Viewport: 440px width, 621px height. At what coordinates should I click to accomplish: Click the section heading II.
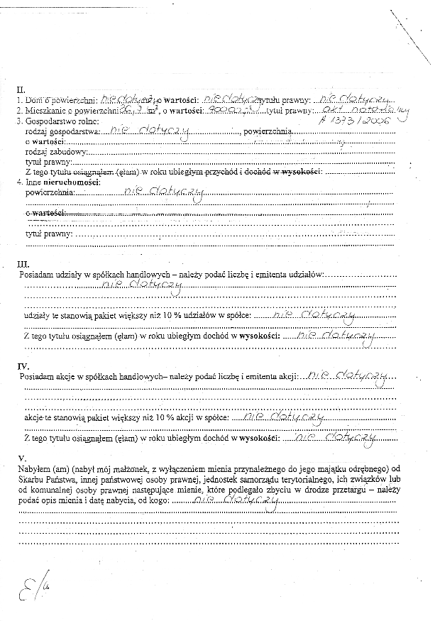tap(21, 90)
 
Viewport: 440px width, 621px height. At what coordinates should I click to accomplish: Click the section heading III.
tap(23, 265)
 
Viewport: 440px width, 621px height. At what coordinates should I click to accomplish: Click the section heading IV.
tap(23, 366)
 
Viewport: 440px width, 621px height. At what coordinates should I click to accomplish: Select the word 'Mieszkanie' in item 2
tap(46, 111)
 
